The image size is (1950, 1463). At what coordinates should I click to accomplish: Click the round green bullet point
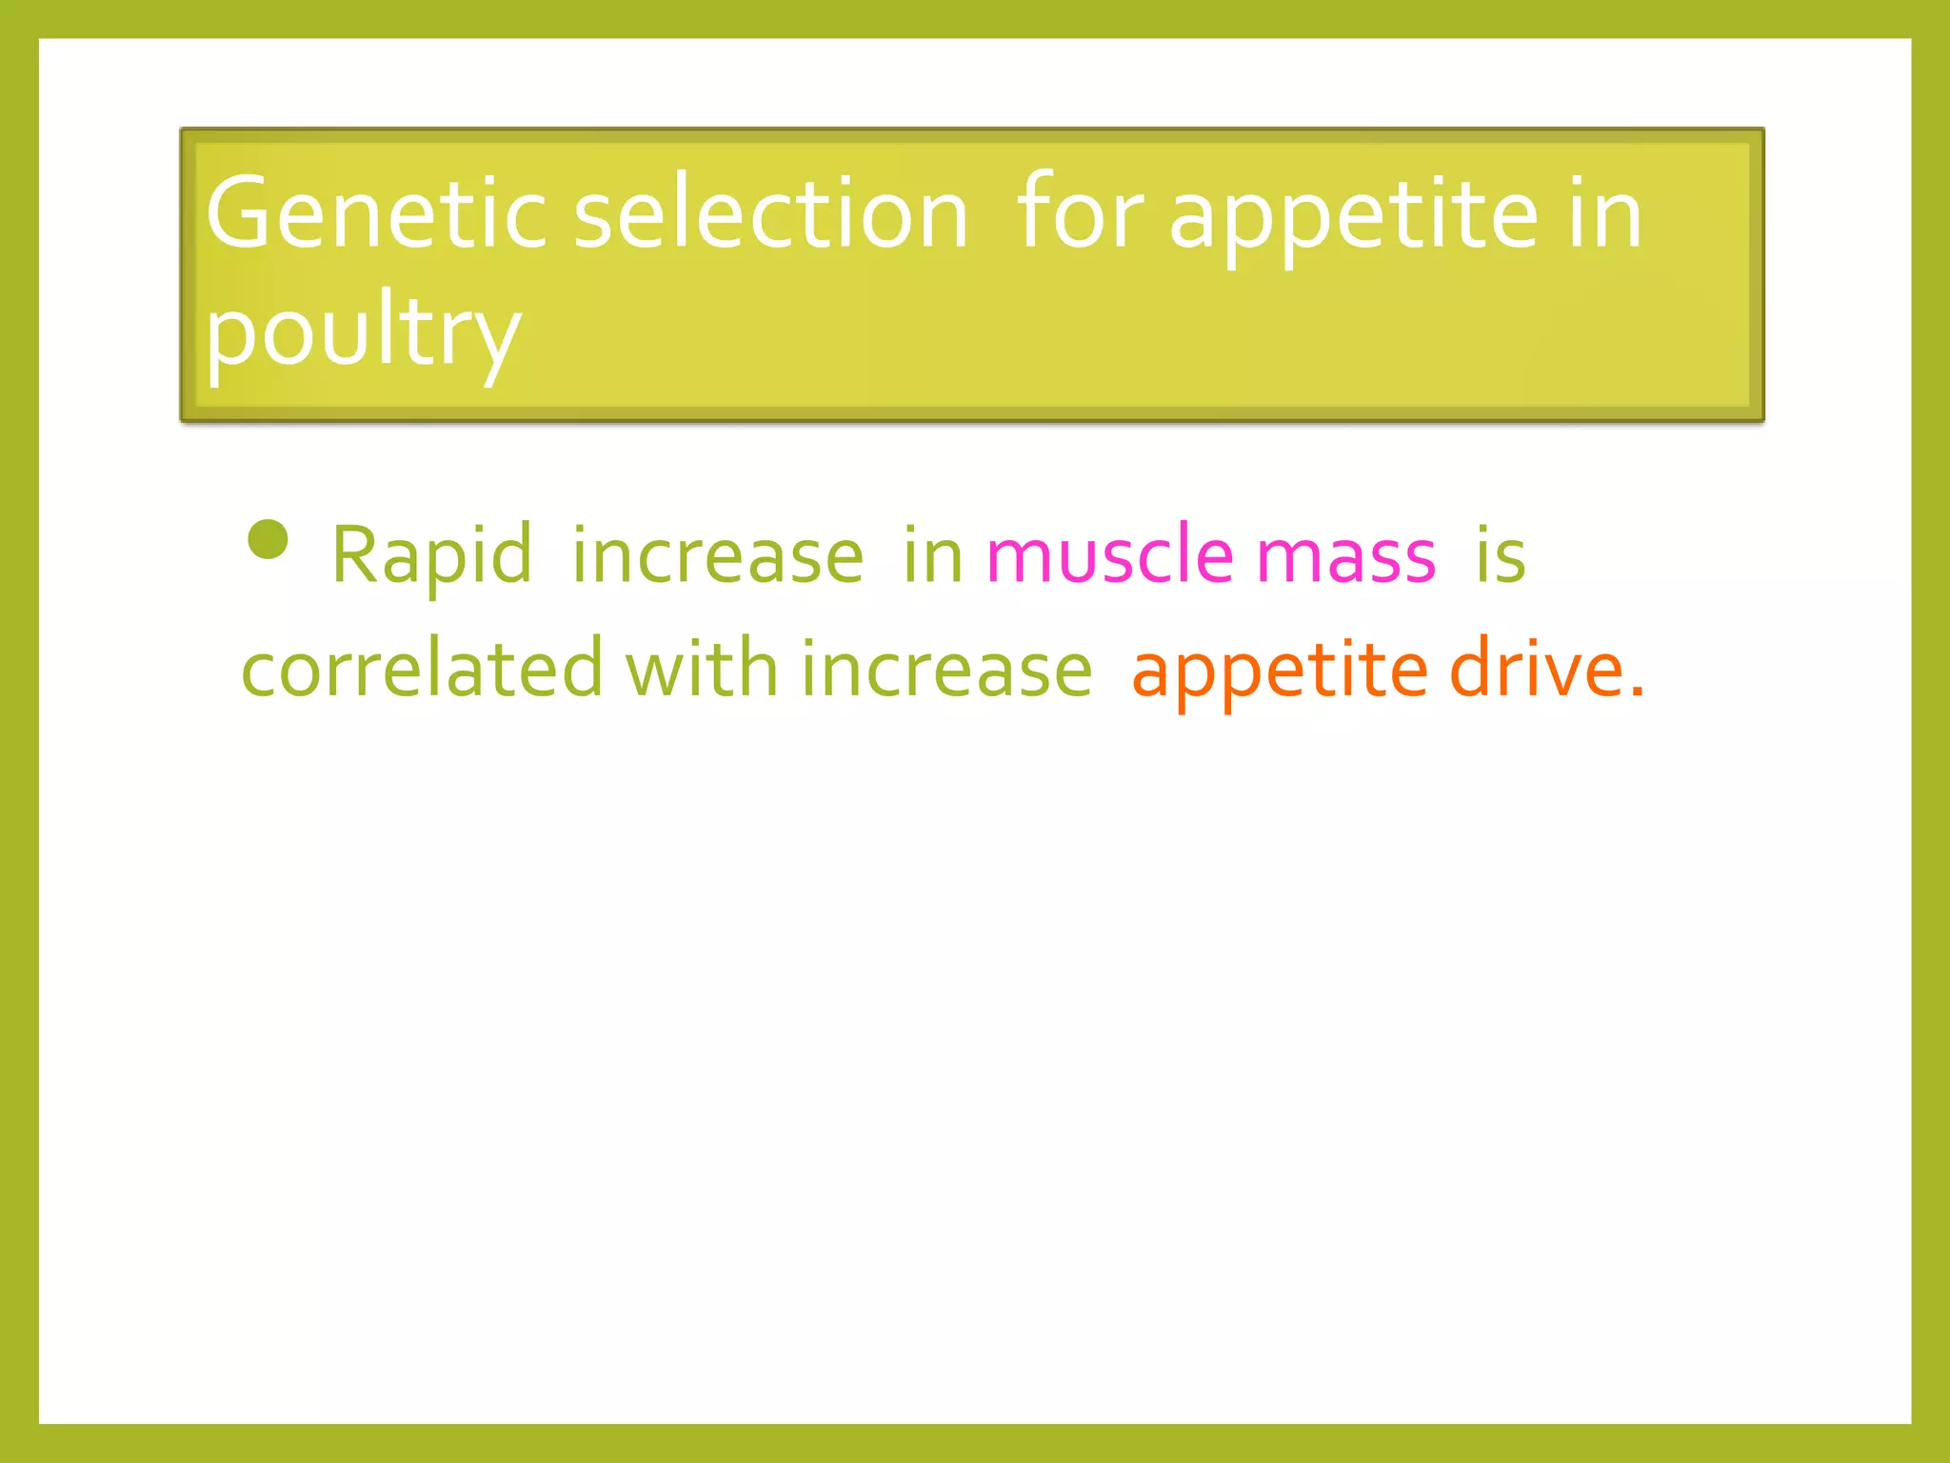[x=268, y=539]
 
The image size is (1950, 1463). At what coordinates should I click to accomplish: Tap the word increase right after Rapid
[x=718, y=555]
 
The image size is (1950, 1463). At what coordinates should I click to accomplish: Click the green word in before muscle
[x=933, y=555]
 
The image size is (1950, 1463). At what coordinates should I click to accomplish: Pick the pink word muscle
[x=1109, y=555]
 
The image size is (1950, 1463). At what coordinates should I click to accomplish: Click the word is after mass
[x=1501, y=555]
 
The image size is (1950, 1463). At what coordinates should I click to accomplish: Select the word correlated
[x=422, y=669]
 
